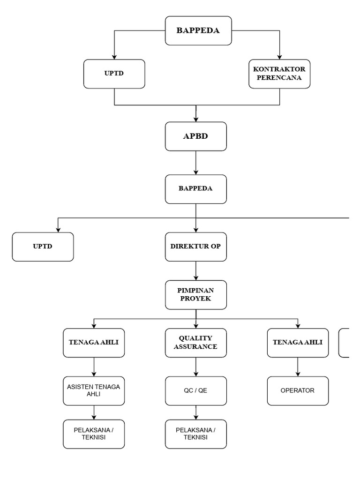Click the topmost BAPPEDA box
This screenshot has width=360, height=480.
198,31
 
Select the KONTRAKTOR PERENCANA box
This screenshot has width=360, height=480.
280,74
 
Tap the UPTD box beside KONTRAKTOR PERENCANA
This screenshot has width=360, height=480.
114,74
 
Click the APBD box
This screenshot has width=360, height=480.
195,136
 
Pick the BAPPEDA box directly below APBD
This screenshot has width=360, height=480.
195,189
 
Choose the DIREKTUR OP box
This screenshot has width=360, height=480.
195,247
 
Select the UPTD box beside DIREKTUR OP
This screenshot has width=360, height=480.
43,247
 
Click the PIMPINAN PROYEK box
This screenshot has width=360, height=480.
195,295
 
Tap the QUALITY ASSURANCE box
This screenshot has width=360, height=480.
195,343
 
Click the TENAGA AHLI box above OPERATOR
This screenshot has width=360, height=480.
298,343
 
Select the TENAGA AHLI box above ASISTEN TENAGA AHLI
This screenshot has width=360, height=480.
94,343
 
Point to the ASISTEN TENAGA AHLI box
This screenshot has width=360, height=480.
94,390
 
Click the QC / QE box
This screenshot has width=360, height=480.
195,390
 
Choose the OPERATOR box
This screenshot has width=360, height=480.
298,390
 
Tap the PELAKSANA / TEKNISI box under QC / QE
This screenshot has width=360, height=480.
195,434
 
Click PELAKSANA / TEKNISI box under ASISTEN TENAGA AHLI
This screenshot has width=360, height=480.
94,434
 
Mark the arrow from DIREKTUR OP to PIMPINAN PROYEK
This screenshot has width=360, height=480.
195,271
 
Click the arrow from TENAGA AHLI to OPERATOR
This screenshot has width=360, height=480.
298,367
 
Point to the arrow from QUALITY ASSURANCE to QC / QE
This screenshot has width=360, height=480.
195,367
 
